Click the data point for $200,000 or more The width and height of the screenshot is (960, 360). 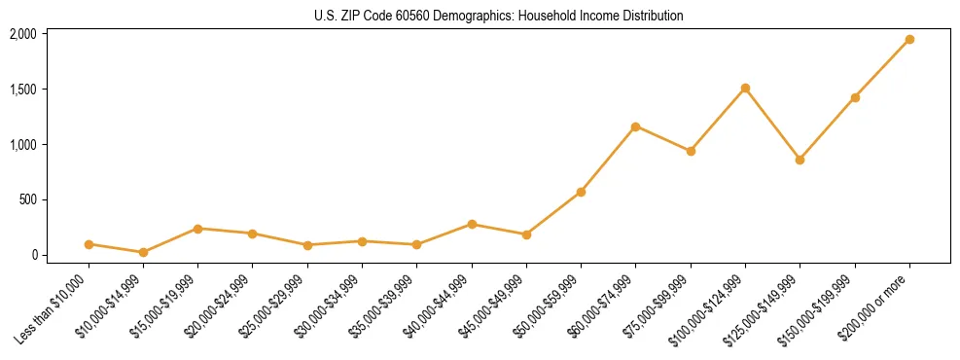click(x=909, y=40)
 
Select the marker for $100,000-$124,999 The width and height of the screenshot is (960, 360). click(x=745, y=89)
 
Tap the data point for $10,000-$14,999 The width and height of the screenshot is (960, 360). click(x=143, y=252)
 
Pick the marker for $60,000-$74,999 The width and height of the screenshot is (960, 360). click(x=635, y=126)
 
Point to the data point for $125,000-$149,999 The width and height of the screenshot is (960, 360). click(x=800, y=160)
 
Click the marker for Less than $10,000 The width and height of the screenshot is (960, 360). click(x=89, y=244)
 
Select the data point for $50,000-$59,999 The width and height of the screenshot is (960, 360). click(x=581, y=192)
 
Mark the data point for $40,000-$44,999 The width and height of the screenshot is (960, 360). click(x=472, y=224)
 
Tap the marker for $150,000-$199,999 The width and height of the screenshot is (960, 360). click(x=855, y=97)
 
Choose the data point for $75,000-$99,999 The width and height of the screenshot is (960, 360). click(x=691, y=151)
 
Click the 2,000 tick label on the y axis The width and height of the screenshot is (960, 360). click(x=23, y=34)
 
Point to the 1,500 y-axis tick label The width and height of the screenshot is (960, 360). click(x=23, y=90)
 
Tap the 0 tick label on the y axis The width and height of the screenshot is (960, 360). click(x=33, y=256)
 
